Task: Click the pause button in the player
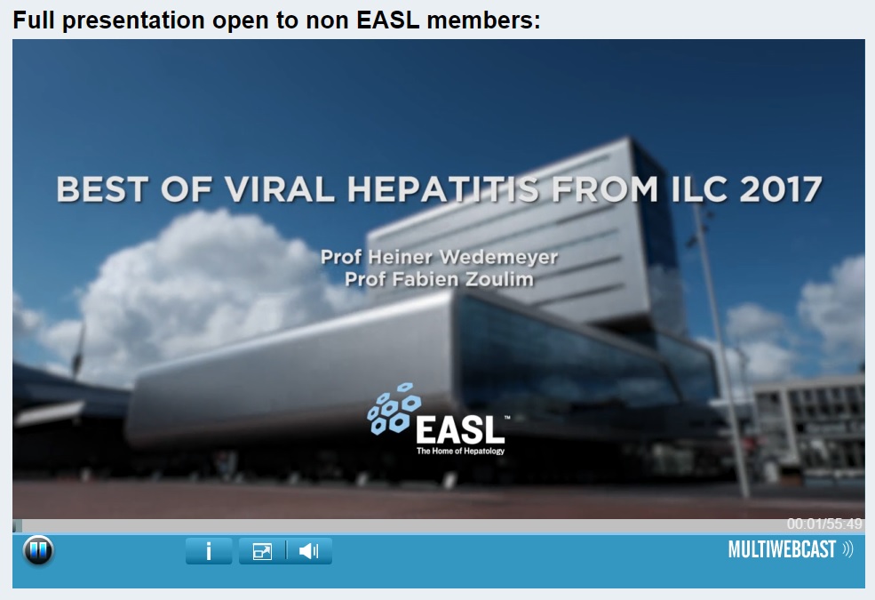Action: point(38,550)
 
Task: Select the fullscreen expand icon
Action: point(262,551)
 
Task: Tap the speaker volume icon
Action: point(308,551)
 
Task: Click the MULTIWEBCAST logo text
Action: point(782,549)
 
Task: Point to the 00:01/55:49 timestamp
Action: point(824,524)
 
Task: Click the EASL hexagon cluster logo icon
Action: point(394,409)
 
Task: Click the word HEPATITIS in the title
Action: point(443,189)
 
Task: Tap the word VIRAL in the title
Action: point(279,189)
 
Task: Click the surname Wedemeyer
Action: point(499,257)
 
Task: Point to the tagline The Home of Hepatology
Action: point(460,451)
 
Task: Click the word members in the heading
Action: point(483,20)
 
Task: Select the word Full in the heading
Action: point(34,20)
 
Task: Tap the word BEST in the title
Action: point(102,189)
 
